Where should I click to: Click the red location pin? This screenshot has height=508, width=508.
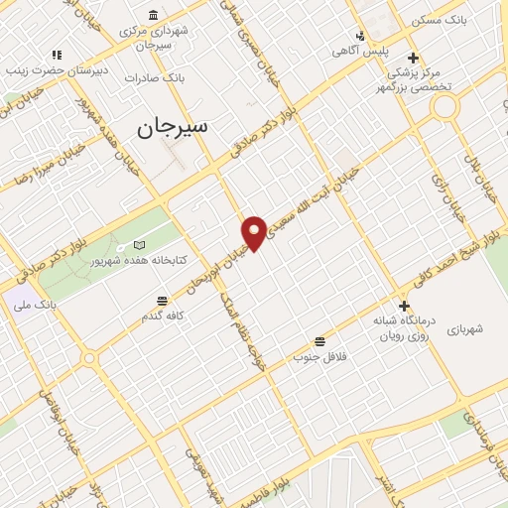[255, 232]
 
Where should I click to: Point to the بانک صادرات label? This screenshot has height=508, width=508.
[157, 77]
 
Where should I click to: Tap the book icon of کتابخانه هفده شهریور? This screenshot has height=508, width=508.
[139, 245]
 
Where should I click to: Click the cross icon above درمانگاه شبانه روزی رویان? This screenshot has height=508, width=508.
[404, 306]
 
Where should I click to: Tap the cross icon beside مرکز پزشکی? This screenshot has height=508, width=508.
[413, 57]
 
